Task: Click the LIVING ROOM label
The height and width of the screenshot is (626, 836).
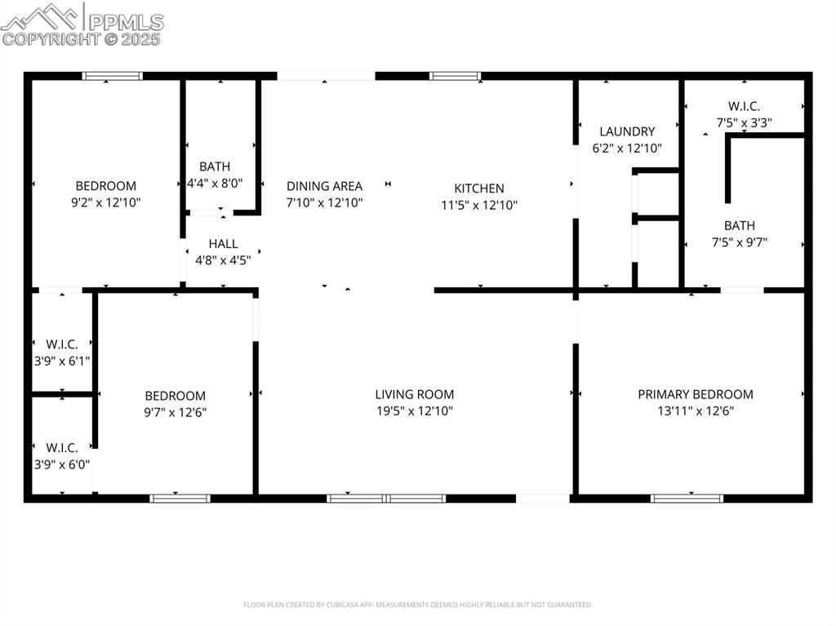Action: click(415, 394)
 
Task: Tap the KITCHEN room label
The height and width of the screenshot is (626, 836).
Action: click(479, 189)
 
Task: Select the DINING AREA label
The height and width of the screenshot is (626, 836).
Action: click(324, 186)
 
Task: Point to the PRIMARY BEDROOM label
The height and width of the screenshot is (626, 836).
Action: click(696, 394)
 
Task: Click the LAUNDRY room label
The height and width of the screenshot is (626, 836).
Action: click(627, 131)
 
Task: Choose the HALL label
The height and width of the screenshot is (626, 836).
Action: click(223, 243)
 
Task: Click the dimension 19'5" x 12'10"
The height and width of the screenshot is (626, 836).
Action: click(415, 411)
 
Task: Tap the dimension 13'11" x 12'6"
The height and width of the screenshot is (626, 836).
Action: click(696, 411)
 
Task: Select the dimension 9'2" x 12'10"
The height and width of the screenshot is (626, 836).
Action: click(106, 202)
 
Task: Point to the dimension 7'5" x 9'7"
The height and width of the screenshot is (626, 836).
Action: click(739, 242)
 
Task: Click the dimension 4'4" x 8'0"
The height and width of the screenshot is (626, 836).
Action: click(215, 184)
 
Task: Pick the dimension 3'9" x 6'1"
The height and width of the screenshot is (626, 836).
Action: click(62, 360)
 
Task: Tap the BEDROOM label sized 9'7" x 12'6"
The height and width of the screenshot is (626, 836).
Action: click(176, 396)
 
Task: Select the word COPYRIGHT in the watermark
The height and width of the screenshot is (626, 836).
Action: click(51, 38)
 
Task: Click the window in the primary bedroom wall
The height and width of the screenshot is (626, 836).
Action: click(687, 498)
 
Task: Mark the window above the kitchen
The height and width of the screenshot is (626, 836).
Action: click(456, 76)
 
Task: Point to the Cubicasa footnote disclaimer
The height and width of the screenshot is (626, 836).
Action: click(418, 605)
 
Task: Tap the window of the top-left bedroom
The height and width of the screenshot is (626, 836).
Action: click(113, 76)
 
